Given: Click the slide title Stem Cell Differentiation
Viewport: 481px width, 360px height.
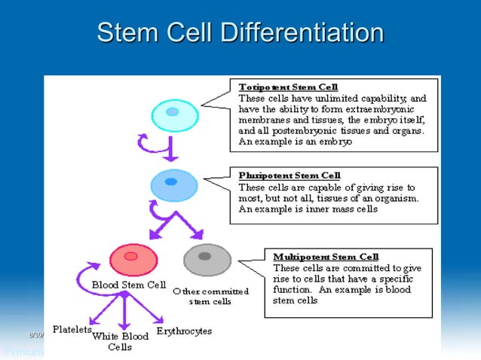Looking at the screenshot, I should click(240, 33).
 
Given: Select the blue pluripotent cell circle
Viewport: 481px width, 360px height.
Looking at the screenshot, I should click(173, 184).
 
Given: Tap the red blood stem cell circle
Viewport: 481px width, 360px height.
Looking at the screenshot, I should click(133, 260).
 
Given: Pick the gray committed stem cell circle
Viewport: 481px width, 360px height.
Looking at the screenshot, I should click(207, 260).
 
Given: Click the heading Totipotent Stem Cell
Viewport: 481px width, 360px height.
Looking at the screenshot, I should click(288, 87).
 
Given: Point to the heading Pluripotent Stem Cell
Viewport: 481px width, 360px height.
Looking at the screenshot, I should click(289, 175).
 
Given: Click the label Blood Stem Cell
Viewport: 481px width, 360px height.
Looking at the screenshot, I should click(129, 285).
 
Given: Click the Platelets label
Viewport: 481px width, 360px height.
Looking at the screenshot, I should click(72, 329).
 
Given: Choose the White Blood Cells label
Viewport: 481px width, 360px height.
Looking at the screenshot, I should click(120, 341).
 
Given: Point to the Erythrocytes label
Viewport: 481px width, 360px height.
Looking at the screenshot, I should click(184, 331).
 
